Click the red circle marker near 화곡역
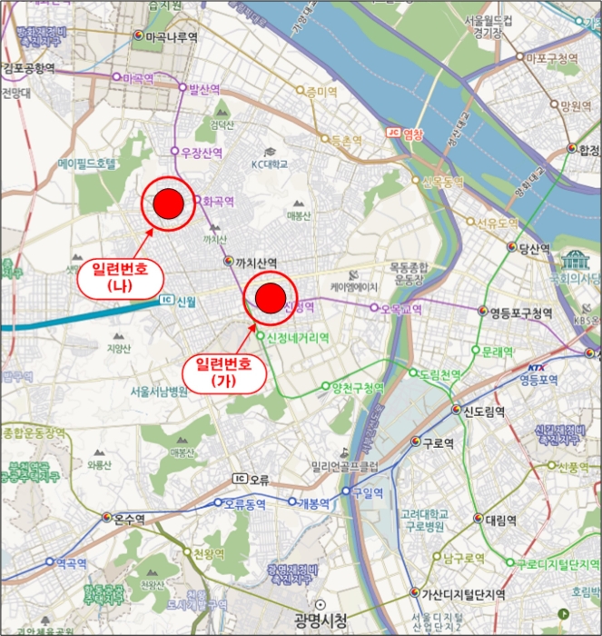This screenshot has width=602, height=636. click(x=168, y=205)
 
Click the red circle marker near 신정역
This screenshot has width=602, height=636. click(x=270, y=297)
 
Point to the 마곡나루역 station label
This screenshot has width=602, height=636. click(x=171, y=37)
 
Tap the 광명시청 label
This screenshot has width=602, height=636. click(x=319, y=621)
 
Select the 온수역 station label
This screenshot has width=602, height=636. click(x=128, y=520)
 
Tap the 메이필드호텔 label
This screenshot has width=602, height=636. click(x=87, y=164)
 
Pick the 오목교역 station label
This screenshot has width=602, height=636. click(x=401, y=309)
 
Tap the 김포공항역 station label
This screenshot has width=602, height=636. click(x=29, y=68)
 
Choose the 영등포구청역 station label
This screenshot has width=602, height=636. click(x=519, y=313)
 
